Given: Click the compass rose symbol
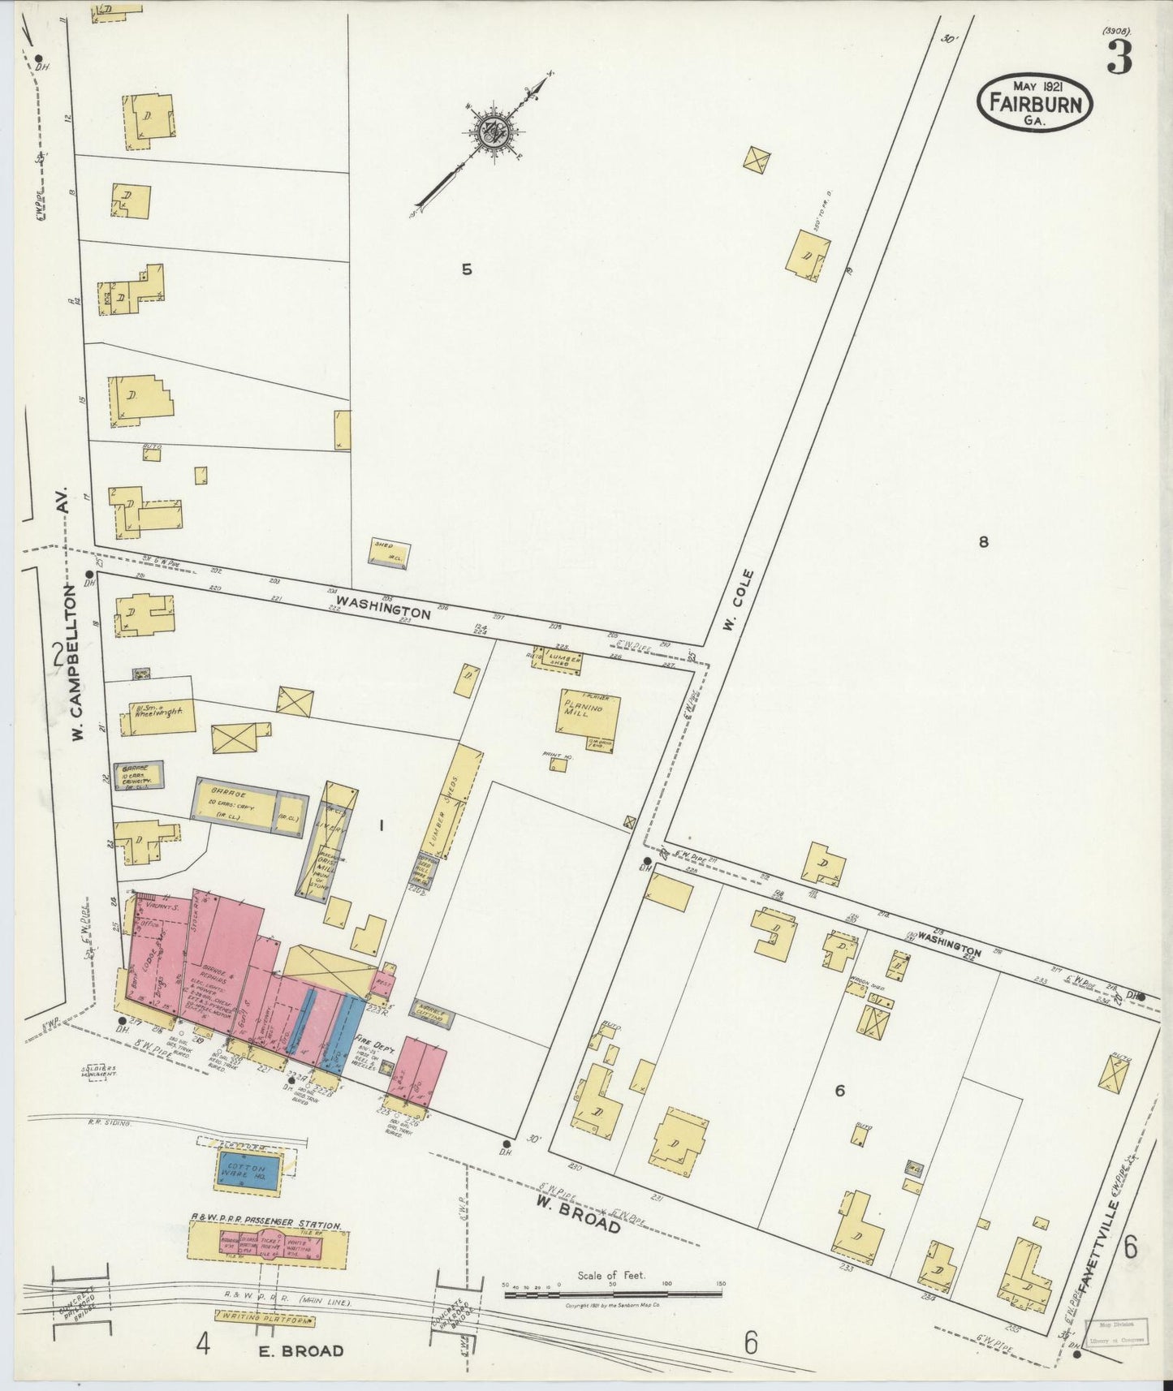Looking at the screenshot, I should [x=493, y=130].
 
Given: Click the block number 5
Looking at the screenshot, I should [x=467, y=269].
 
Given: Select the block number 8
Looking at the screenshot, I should [x=983, y=542].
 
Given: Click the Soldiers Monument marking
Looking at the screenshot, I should [x=100, y=1070].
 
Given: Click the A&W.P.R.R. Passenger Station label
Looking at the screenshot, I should [x=265, y=1225].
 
